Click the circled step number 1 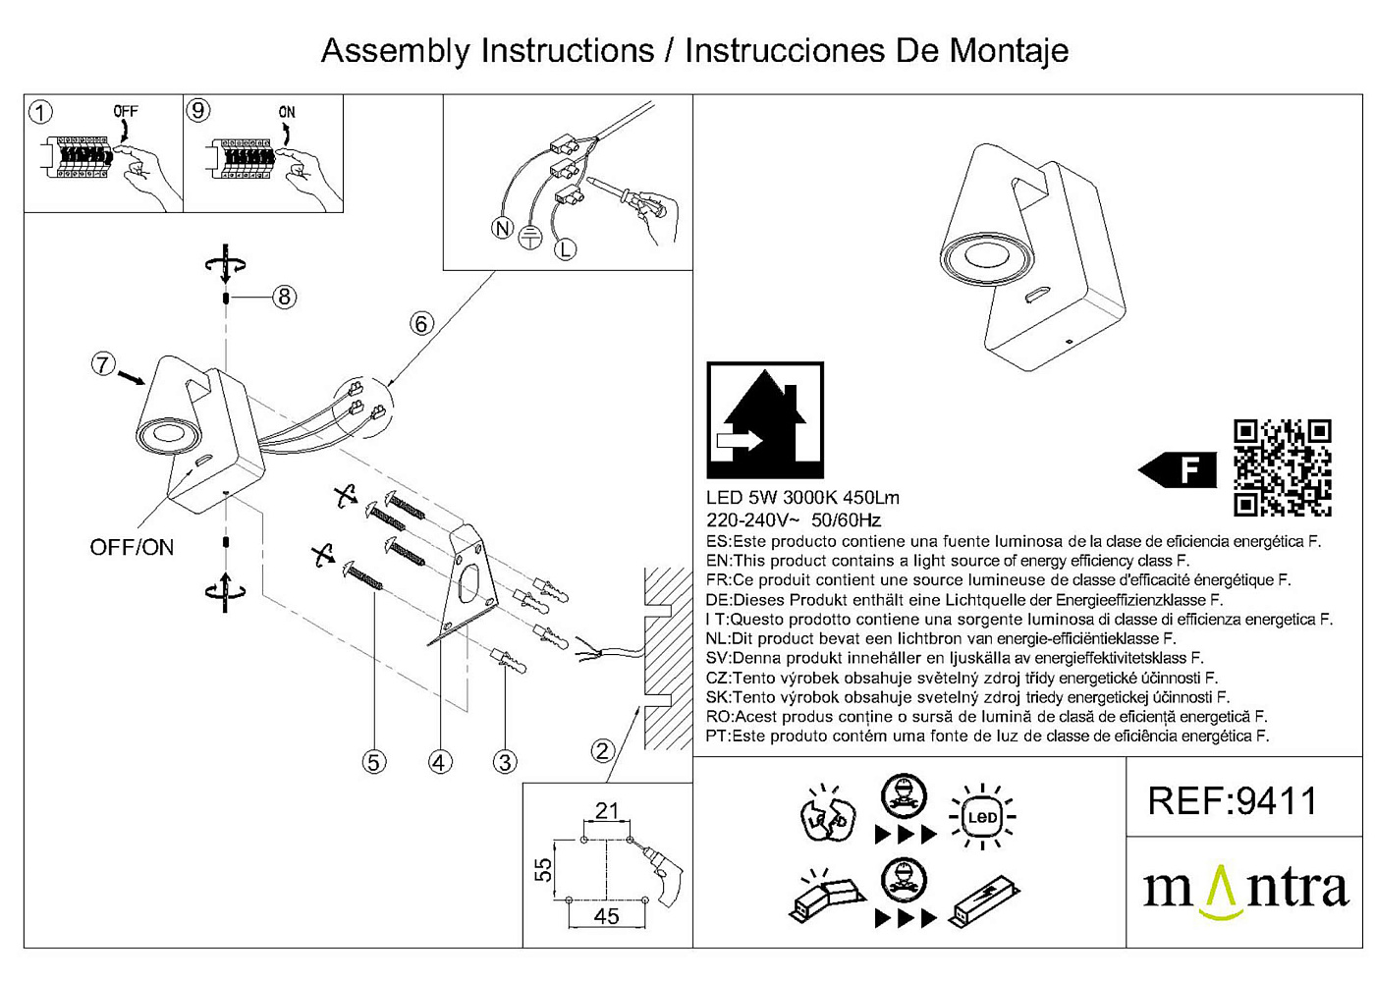(x=40, y=112)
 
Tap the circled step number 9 (x=198, y=110)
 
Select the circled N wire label (x=503, y=229)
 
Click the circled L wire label (x=565, y=249)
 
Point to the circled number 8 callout (x=284, y=297)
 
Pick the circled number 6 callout (x=421, y=323)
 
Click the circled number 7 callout (x=104, y=364)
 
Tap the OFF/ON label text (x=132, y=548)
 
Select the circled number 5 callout (x=373, y=762)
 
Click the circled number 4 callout (x=440, y=762)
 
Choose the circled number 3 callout (x=505, y=762)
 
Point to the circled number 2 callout (x=603, y=752)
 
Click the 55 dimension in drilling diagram (x=543, y=869)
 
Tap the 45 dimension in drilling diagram (x=607, y=916)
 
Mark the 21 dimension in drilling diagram (x=607, y=811)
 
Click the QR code (x=1283, y=467)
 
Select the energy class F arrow (x=1179, y=469)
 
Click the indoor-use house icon (x=765, y=420)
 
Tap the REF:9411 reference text (x=1233, y=801)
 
